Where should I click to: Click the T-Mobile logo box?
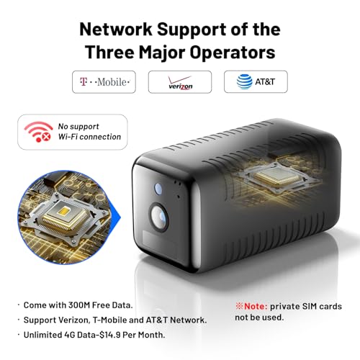[104, 82]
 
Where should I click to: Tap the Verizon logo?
[180, 83]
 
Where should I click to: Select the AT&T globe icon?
[244, 81]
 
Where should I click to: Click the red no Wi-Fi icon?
[38, 132]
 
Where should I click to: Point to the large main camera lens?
[158, 217]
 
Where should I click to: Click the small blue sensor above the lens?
[158, 189]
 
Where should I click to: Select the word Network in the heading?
[116, 30]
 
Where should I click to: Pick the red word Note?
[256, 306]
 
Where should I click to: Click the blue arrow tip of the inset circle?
[121, 217]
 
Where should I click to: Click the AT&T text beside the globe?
[265, 82]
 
